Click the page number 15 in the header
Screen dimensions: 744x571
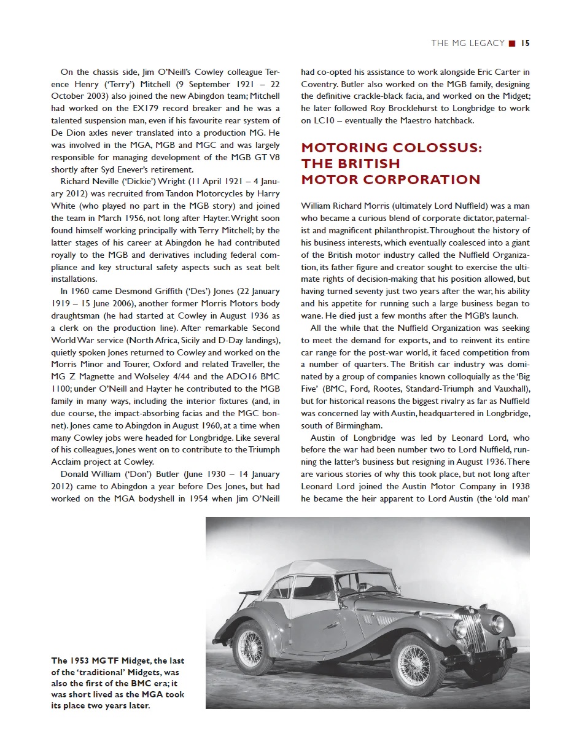coord(526,43)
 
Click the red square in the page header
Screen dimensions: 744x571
coord(512,43)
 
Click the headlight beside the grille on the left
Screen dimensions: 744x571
coord(460,628)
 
